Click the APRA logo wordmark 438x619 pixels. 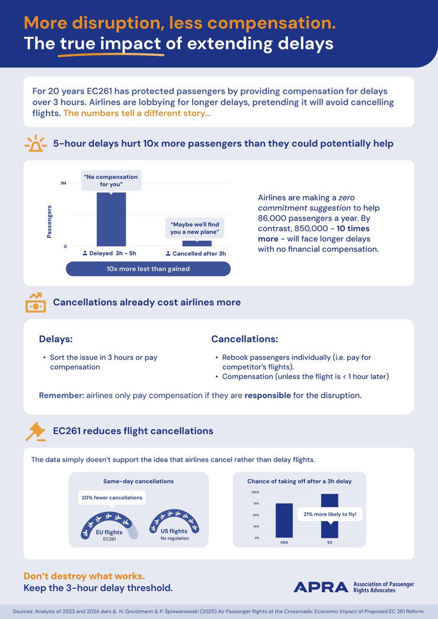pyautogui.click(x=321, y=587)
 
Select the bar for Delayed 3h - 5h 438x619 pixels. pyautogui.click(x=111, y=219)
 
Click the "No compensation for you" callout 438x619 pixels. pyautogui.click(x=111, y=181)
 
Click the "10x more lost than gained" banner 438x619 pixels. pyautogui.click(x=148, y=269)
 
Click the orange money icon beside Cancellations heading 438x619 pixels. pyautogui.click(x=36, y=302)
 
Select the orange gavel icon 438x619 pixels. pyautogui.click(x=35, y=431)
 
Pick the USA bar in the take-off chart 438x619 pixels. pyautogui.click(x=284, y=520)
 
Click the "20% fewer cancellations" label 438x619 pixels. pyautogui.click(x=112, y=498)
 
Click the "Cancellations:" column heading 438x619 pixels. pyautogui.click(x=244, y=339)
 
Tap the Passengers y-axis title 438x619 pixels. pyautogui.click(x=50, y=222)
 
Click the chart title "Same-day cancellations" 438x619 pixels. pyautogui.click(x=138, y=481)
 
